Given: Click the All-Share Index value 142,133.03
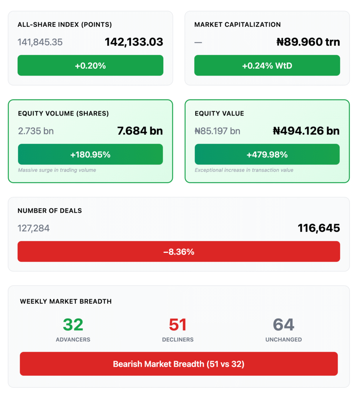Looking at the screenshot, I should point(134,42).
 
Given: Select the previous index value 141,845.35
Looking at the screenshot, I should point(40,42).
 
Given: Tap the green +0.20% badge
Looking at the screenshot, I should point(90,66).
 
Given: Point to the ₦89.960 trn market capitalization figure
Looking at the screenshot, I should point(308,42).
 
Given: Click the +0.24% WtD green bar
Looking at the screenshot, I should point(267,66).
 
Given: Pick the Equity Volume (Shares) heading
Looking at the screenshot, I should point(63,114).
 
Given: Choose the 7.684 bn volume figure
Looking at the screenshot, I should point(140,131).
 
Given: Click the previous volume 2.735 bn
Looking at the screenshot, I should point(36,131).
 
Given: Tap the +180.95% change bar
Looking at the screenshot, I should point(90,155).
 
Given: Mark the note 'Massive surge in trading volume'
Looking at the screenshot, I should point(57,170).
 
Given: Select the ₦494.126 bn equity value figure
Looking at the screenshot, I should point(306,131).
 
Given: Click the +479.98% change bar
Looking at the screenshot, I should point(267,155).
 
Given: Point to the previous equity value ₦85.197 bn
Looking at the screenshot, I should point(217,131).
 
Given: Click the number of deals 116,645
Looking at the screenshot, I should point(319,228).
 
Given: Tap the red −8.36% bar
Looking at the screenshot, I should point(179,252).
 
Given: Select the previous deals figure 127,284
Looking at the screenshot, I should point(33,228).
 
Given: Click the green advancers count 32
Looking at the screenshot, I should point(73,325).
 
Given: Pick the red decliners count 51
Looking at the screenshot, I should point(178,325).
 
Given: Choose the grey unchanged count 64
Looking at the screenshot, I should point(284,325).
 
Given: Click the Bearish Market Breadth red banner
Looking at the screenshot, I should point(179,364).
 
